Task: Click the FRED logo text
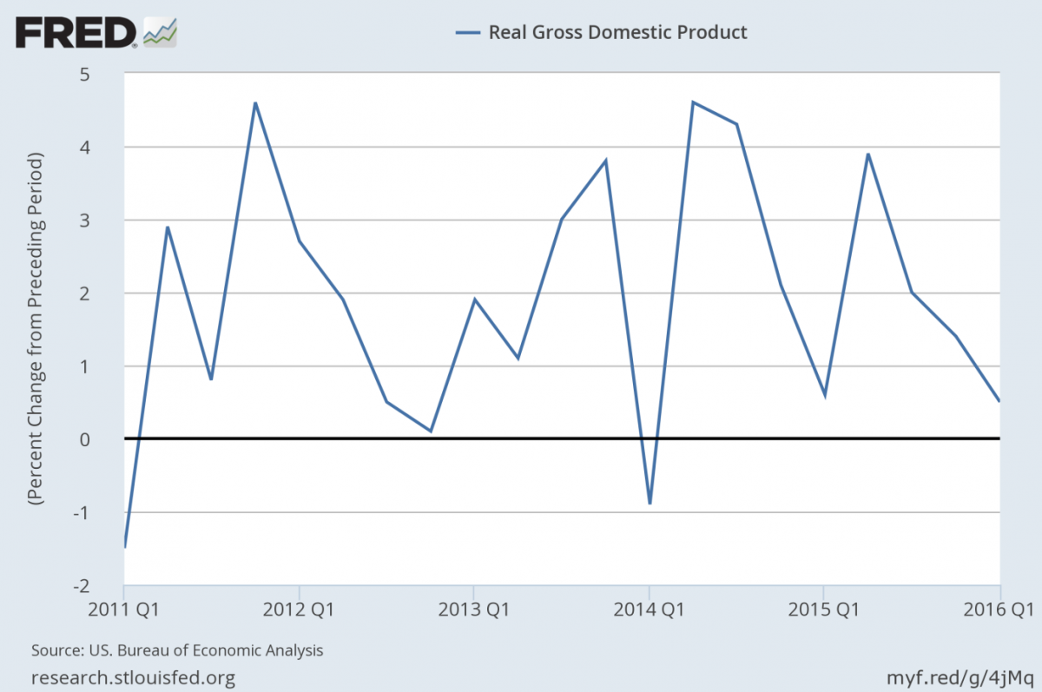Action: point(75,33)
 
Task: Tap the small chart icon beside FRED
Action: point(160,32)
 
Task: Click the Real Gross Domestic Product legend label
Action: point(617,33)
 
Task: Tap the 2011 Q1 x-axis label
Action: point(124,610)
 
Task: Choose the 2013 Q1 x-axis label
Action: point(473,610)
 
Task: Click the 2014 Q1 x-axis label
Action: point(649,610)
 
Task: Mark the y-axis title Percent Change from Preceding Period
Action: point(36,330)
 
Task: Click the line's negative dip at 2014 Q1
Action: point(650,503)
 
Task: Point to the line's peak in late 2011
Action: point(255,103)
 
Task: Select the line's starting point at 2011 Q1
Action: point(125,546)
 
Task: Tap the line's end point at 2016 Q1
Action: point(999,401)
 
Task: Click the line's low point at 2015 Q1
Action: point(824,395)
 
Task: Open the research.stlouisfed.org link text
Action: point(133,676)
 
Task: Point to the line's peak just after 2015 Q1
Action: point(867,155)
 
